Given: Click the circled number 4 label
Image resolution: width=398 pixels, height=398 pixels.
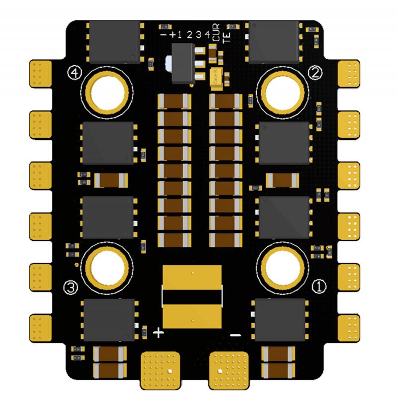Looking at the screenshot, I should [75, 74].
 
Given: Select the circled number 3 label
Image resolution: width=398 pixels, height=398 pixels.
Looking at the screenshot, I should [72, 287].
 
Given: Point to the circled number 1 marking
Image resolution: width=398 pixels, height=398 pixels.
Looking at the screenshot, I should [318, 286].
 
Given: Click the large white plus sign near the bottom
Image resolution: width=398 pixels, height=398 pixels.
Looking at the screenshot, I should [158, 332].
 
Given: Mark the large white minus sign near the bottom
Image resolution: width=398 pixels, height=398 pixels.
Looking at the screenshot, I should [236, 335].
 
